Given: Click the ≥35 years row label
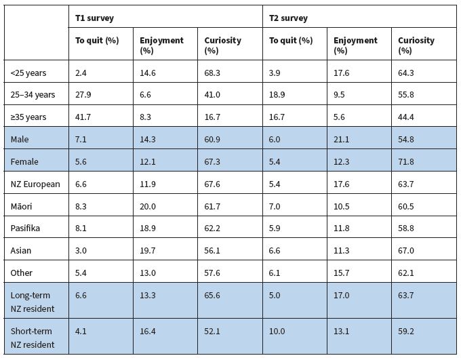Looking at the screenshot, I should pos(28,117).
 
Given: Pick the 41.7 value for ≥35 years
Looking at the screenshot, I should pos(83,117).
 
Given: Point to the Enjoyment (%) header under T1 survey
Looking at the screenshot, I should pos(160,45).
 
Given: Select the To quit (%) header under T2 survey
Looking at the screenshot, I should pos(291,41).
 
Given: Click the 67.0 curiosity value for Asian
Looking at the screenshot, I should pos(407,250).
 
